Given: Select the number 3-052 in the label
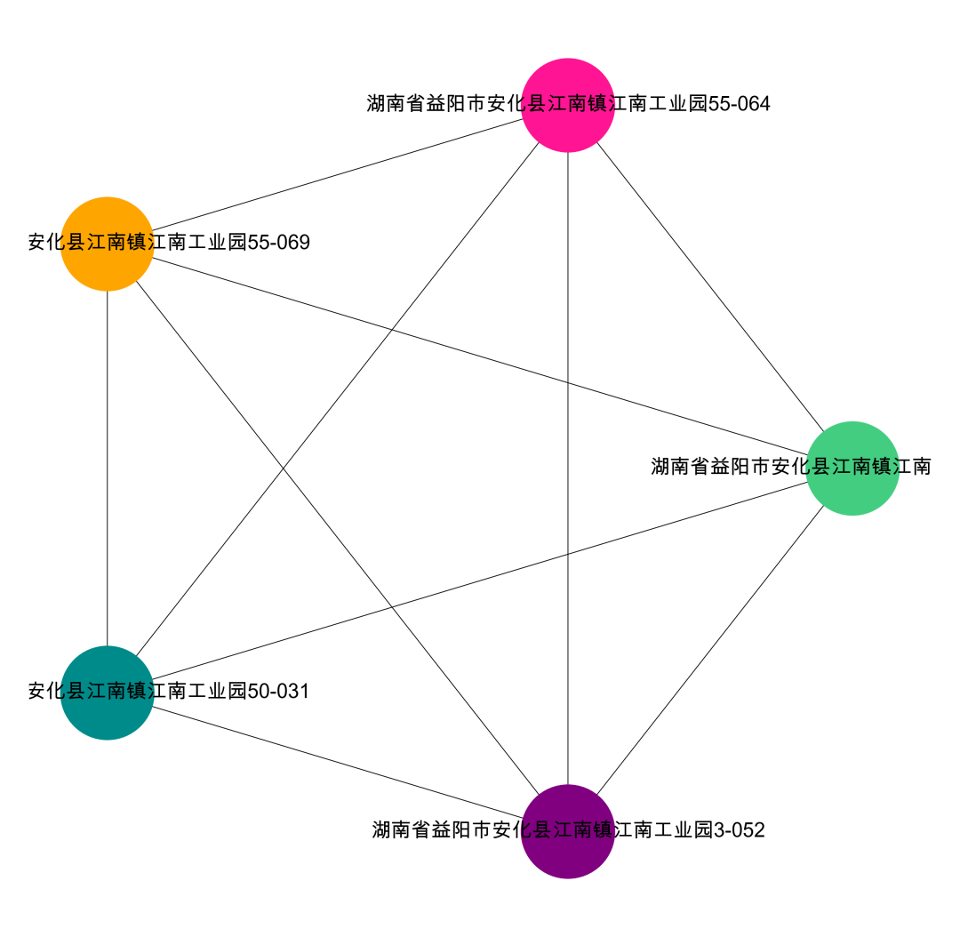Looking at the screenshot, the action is pyautogui.click(x=740, y=830).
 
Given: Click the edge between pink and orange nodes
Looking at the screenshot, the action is pyautogui.click(x=338, y=174).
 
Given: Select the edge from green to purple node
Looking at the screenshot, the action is pyautogui.click(x=710, y=649).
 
